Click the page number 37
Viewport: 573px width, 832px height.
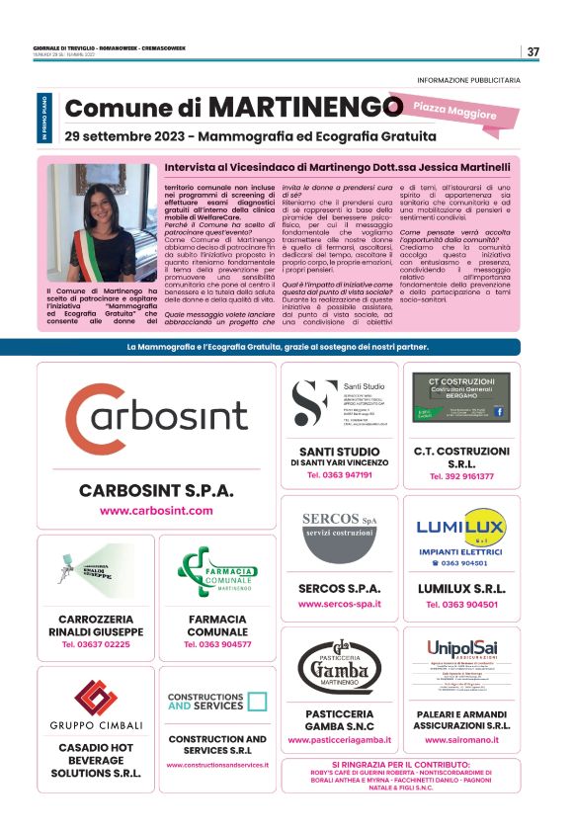point(532,51)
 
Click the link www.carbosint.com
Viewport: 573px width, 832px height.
point(156,511)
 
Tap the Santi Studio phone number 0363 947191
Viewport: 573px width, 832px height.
point(340,475)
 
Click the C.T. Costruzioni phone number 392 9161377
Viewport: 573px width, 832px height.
point(461,476)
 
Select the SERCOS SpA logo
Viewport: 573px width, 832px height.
point(340,525)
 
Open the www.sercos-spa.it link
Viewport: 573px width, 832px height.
point(340,603)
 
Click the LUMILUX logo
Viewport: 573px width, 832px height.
point(461,528)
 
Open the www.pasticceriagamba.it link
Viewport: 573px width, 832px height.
point(340,739)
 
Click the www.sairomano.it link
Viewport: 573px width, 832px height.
point(461,739)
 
